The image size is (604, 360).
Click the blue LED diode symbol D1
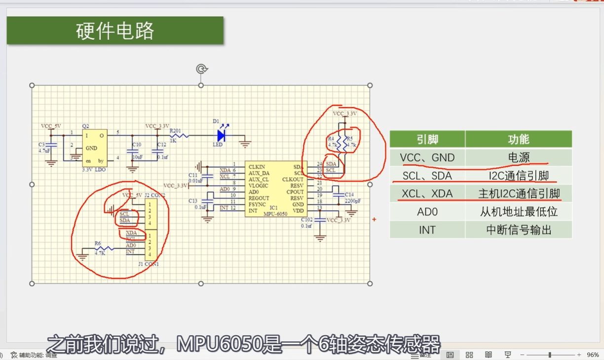click(221, 135)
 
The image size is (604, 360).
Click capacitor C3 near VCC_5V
click(51, 145)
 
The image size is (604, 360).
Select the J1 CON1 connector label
click(149, 264)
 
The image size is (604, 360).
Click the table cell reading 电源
click(518, 158)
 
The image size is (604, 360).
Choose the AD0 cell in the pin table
click(427, 212)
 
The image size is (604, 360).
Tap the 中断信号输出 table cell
click(518, 230)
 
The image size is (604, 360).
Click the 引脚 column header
click(427, 139)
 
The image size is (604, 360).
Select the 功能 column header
click(518, 139)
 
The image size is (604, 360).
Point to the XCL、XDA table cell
click(427, 194)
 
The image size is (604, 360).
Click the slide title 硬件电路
click(115, 31)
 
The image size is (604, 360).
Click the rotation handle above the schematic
click(201, 69)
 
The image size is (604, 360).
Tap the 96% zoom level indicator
click(593, 355)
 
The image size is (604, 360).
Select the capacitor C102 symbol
click(320, 220)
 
